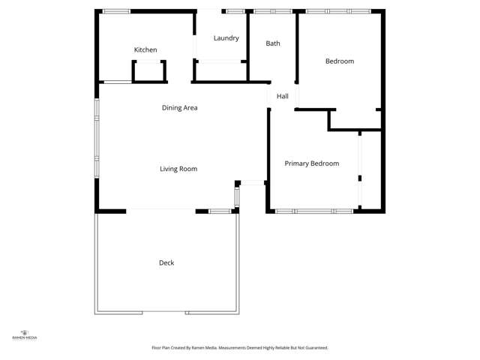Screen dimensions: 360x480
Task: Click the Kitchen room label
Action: (145, 50)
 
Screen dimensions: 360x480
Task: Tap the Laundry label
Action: (226, 38)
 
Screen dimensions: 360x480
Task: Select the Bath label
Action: (273, 43)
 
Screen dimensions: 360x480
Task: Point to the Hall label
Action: (283, 97)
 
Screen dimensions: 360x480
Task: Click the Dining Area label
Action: (180, 108)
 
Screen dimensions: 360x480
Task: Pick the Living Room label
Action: (178, 169)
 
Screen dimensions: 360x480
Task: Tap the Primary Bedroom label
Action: (312, 163)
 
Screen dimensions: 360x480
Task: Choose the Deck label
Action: (166, 262)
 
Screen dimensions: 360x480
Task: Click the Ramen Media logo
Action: (25, 334)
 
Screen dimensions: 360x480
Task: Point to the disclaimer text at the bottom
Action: (240, 348)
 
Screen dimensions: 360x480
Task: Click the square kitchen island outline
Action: (148, 71)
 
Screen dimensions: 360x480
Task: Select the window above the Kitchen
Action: (116, 11)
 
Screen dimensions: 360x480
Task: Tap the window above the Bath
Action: (273, 11)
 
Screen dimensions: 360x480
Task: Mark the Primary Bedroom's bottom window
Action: (314, 211)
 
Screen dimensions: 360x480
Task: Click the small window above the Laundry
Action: (235, 11)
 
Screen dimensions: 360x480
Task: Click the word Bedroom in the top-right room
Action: (339, 61)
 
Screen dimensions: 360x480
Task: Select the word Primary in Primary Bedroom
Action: (297, 163)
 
